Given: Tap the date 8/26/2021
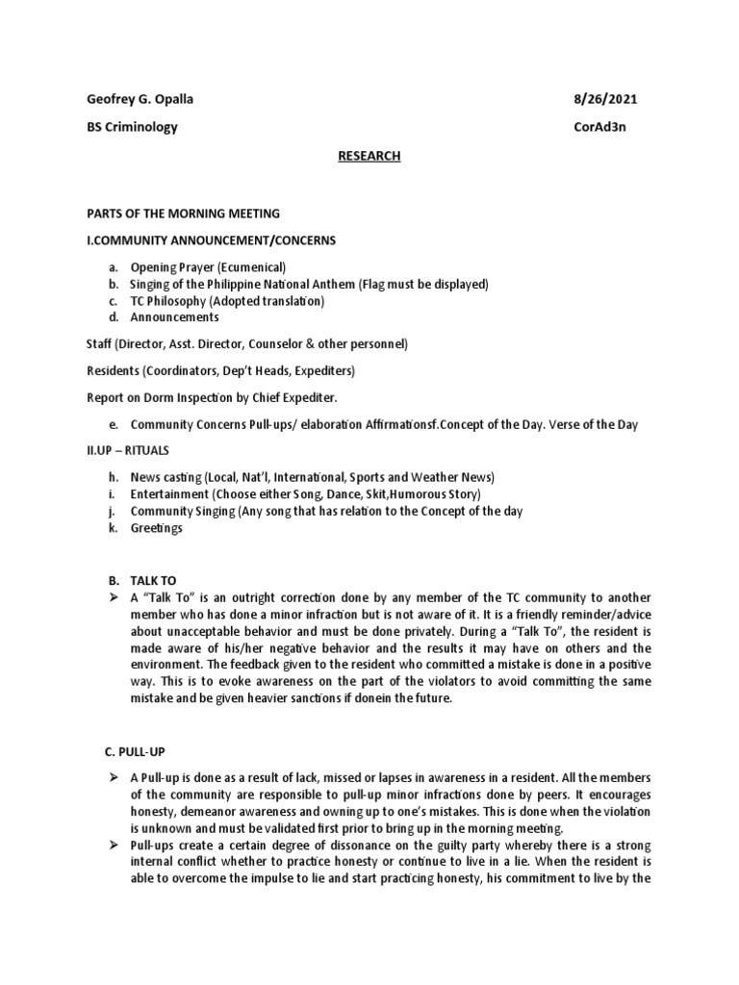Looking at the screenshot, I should [x=603, y=99].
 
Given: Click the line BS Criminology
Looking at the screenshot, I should [x=131, y=127].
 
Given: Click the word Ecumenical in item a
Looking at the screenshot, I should [x=251, y=267].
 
